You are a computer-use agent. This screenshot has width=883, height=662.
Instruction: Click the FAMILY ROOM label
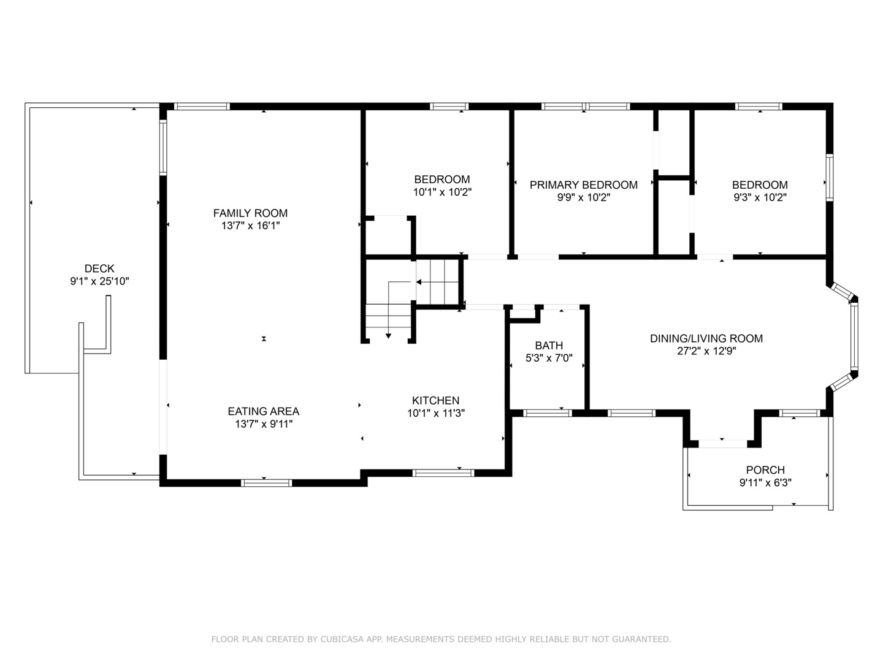click(250, 213)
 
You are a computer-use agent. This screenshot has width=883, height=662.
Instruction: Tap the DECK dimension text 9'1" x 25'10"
click(99, 281)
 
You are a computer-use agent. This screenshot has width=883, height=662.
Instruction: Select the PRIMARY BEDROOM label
click(583, 185)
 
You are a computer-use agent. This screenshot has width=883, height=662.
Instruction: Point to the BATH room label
click(549, 345)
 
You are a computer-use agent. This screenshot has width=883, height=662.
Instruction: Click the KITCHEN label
click(435, 400)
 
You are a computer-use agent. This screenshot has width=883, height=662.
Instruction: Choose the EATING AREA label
click(264, 411)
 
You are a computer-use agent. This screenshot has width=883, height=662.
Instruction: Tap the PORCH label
click(765, 470)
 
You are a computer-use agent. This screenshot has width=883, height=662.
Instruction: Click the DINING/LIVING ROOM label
click(706, 338)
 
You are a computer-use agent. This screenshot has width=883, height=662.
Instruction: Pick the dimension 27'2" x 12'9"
click(706, 351)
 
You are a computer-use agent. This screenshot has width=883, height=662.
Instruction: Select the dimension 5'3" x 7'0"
click(549, 358)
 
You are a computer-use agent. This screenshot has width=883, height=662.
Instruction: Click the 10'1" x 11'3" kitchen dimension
click(435, 413)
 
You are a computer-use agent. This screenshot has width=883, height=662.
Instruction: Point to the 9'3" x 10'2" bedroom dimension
click(760, 197)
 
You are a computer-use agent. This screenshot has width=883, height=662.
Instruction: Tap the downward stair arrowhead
click(388, 336)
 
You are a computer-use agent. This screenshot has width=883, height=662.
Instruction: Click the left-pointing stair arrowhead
click(419, 282)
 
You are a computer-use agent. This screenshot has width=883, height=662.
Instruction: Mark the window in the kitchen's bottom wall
click(443, 473)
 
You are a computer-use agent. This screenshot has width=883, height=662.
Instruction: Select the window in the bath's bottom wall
click(548, 413)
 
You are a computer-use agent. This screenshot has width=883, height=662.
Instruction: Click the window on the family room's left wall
click(163, 148)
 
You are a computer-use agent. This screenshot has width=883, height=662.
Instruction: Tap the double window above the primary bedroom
click(586, 107)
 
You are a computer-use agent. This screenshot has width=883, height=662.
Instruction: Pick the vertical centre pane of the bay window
click(854, 337)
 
